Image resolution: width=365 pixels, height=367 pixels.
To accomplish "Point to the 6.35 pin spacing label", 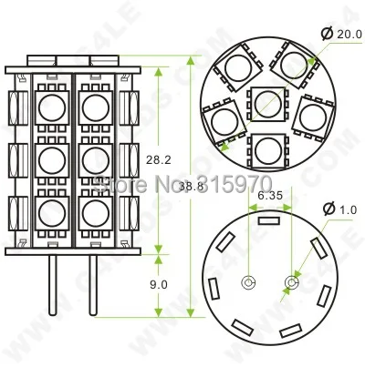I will click(270, 194).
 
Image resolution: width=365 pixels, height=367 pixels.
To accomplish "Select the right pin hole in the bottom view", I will click(290, 283).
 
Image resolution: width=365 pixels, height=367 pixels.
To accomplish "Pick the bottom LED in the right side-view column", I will click(93, 217).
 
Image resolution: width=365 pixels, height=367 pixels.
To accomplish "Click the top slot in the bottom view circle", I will click(269, 219).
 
